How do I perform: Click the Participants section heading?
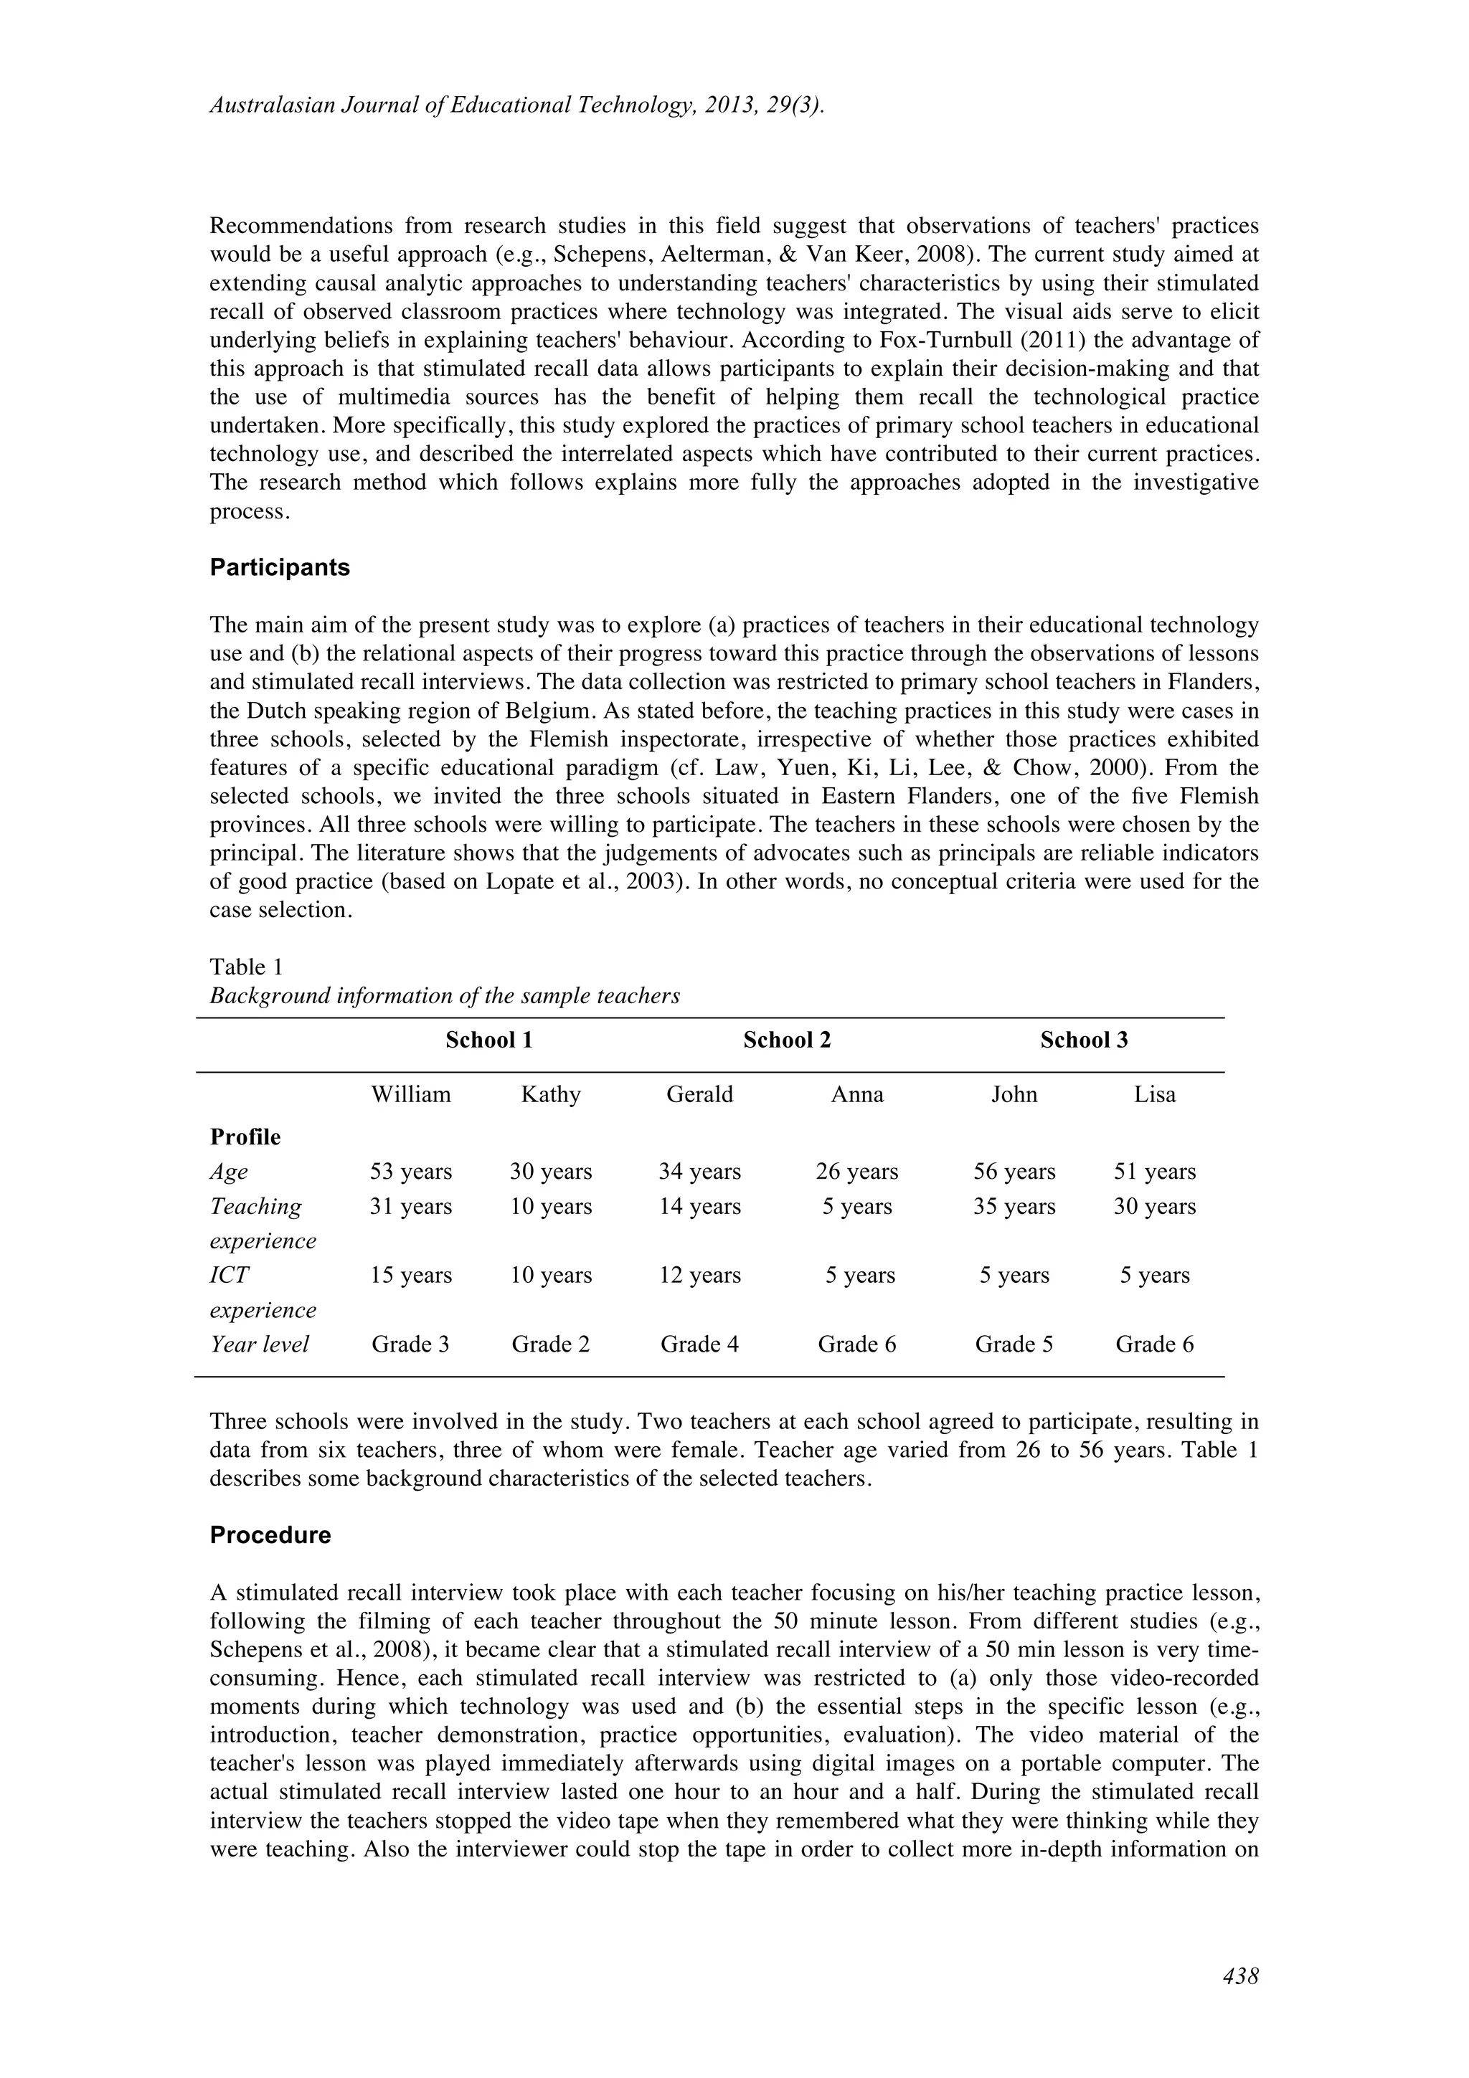coord(280,567)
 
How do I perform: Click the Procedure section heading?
coord(270,1535)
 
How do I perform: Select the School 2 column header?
coord(787,1040)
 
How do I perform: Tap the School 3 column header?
coord(1083,1040)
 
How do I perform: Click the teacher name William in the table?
coord(411,1094)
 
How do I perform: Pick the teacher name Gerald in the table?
coord(699,1094)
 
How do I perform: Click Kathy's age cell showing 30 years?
coord(550,1171)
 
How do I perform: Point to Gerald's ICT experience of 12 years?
coord(699,1275)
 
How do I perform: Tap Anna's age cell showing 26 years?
coord(856,1171)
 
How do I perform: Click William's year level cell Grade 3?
coord(410,1344)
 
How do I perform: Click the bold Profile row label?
coord(245,1137)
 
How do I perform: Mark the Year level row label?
coord(259,1344)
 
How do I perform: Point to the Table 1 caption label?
coord(246,967)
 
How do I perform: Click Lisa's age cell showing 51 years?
coord(1154,1171)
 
